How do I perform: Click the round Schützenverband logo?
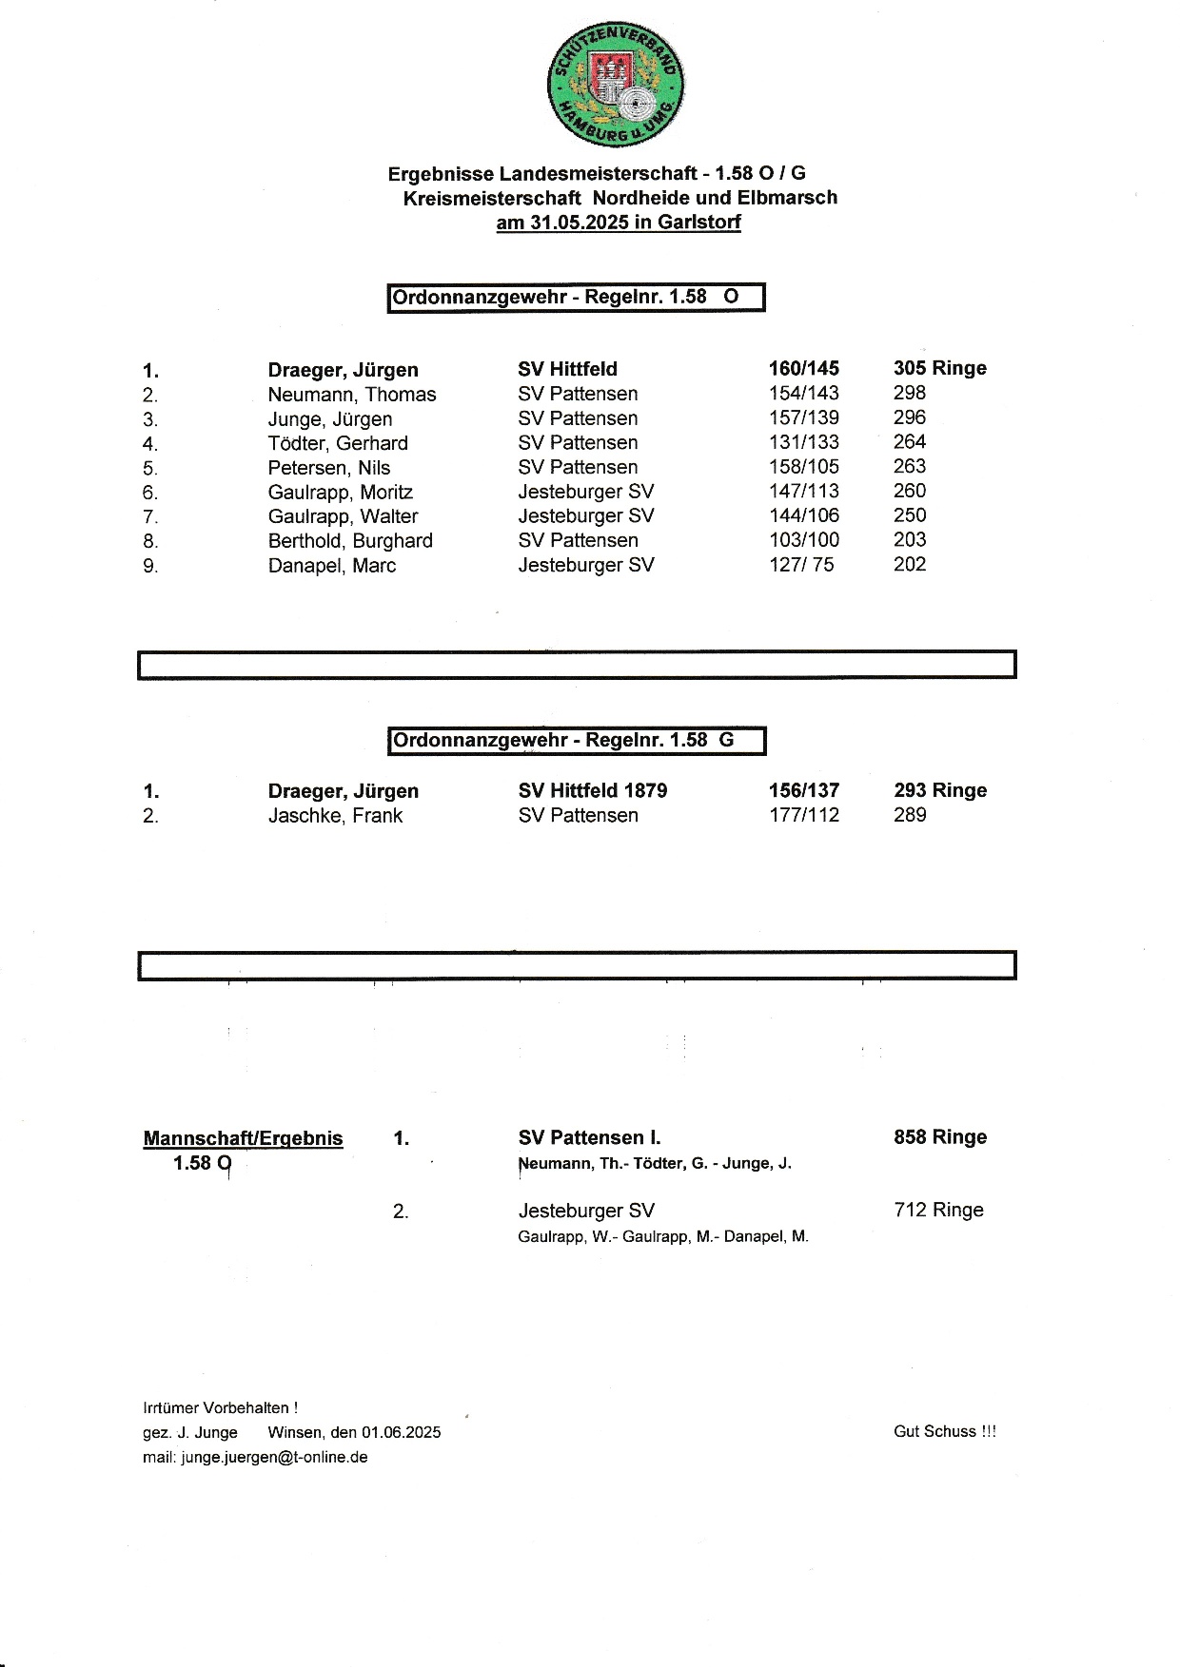coord(617,85)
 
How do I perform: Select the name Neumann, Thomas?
coord(351,395)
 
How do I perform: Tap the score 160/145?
coord(803,369)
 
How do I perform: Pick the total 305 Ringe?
coord(939,369)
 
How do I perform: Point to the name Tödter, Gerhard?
coord(337,443)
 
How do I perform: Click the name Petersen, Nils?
coord(328,468)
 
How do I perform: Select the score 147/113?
coord(803,492)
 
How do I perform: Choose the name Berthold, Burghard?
coord(349,541)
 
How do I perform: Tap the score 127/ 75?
coord(801,565)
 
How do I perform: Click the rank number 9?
coord(150,566)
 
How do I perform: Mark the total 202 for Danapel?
coord(909,565)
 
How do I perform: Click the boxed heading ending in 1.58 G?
coord(577,741)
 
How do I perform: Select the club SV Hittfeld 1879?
coord(592,791)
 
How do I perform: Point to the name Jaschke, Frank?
coord(335,816)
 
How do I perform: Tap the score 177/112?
coord(803,816)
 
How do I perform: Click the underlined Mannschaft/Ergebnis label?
coord(243,1138)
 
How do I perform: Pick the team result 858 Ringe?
coord(939,1137)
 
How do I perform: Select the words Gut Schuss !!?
coord(944,1431)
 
